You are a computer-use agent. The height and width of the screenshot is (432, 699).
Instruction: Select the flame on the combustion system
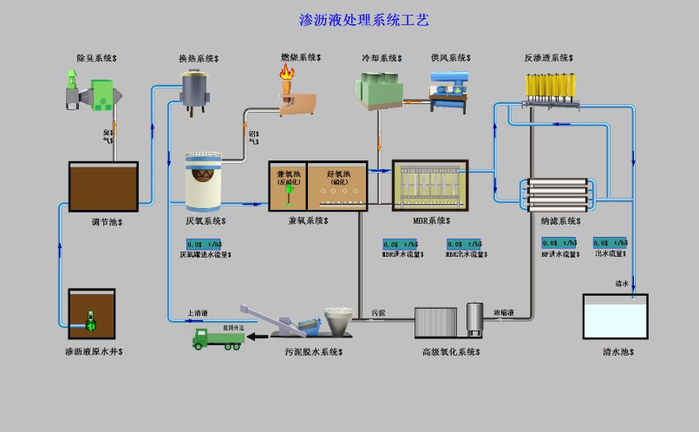285,76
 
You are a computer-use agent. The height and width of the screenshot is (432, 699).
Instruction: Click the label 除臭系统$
98,58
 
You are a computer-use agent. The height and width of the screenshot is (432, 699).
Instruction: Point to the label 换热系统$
199,59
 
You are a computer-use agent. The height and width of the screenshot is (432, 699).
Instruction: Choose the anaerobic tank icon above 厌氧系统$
204,183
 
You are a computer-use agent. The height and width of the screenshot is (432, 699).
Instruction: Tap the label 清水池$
618,352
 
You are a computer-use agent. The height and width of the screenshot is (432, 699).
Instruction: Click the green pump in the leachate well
90,320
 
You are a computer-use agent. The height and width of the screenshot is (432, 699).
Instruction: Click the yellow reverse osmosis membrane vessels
551,86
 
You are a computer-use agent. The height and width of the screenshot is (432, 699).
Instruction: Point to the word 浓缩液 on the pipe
504,311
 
